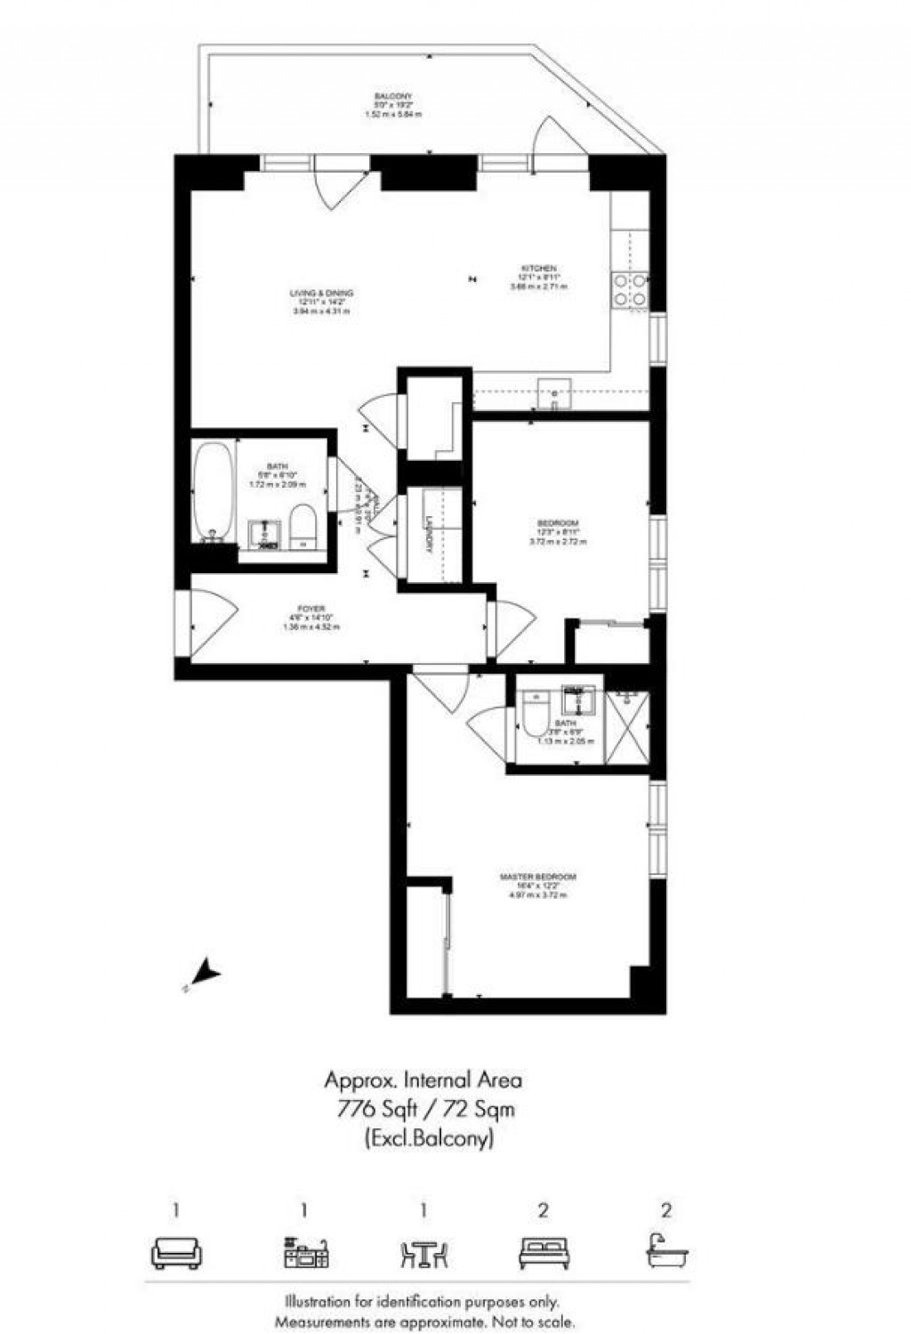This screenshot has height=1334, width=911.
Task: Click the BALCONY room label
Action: coord(392,96)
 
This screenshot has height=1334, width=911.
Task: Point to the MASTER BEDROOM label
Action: coord(533,877)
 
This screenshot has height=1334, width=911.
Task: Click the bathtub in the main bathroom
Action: coord(214,490)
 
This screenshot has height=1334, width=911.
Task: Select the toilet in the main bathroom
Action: coord(302,526)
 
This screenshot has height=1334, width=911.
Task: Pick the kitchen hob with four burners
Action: coord(628,289)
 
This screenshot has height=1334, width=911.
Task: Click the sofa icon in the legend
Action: coord(176,1252)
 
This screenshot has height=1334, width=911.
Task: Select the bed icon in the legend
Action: coord(543,1252)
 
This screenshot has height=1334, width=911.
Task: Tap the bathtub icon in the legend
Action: coord(666,1250)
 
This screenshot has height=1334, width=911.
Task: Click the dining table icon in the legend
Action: coord(423,1252)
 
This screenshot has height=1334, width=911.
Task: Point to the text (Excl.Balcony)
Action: coord(429,1137)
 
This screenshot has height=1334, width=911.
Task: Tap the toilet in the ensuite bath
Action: coord(536,720)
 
